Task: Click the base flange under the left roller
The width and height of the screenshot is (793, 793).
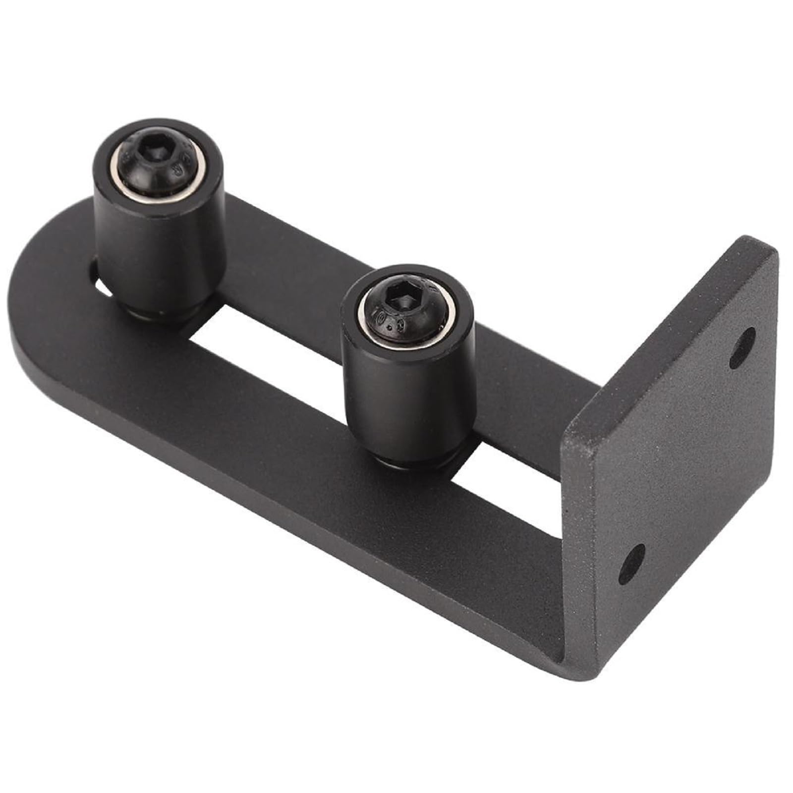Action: pos(164,315)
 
